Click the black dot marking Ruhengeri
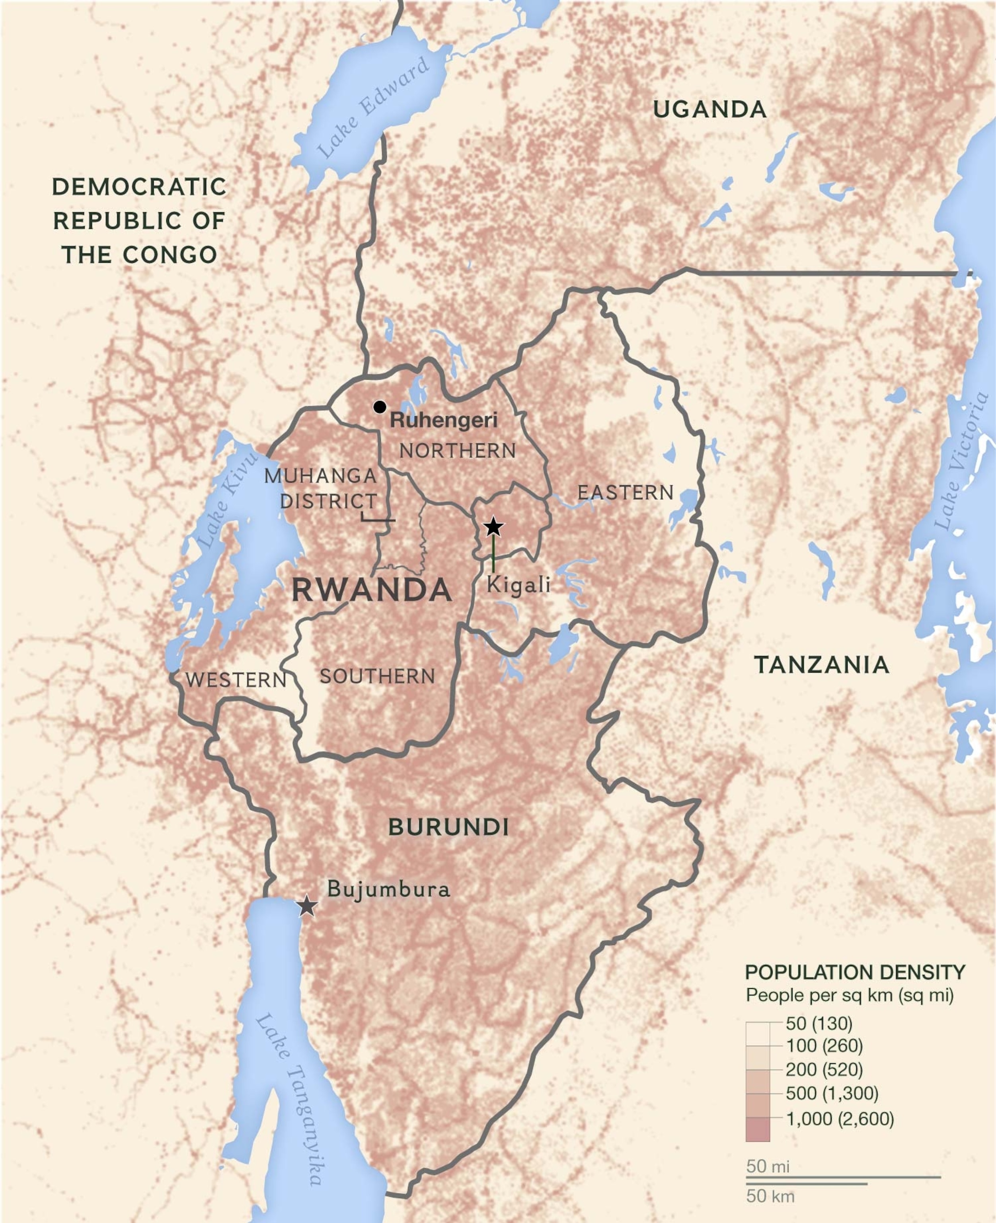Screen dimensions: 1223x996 (x=379, y=407)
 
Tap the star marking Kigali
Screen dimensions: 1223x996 (x=493, y=526)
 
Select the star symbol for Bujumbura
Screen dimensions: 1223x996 (x=308, y=906)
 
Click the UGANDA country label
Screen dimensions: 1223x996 (x=710, y=109)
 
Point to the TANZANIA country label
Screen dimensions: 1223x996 (x=821, y=664)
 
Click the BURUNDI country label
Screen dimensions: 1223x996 (x=449, y=827)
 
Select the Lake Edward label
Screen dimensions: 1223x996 (x=372, y=107)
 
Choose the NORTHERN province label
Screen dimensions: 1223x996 (x=457, y=451)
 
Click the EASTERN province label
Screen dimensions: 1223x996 (x=625, y=492)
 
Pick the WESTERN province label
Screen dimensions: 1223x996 (x=236, y=680)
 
